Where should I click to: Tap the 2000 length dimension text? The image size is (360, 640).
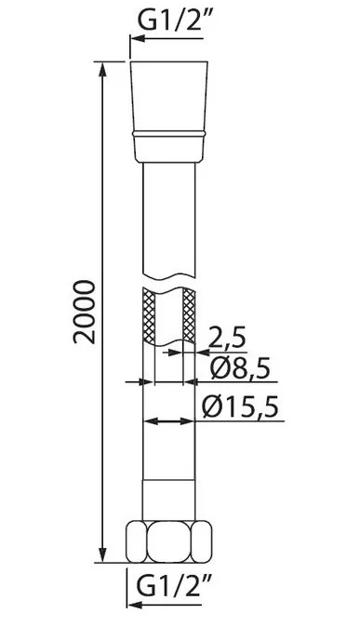pyautogui.click(x=85, y=312)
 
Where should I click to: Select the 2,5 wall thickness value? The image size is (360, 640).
pyautogui.click(x=227, y=338)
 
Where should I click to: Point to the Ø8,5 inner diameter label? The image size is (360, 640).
pyautogui.click(x=240, y=368)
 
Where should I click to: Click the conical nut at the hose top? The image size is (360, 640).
pyautogui.click(x=169, y=112)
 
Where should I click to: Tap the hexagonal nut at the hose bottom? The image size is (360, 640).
pyautogui.click(x=169, y=541)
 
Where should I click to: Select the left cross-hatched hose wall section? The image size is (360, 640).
pyautogui.click(x=149, y=315)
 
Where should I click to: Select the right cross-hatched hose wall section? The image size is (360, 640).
pyautogui.click(x=189, y=314)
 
